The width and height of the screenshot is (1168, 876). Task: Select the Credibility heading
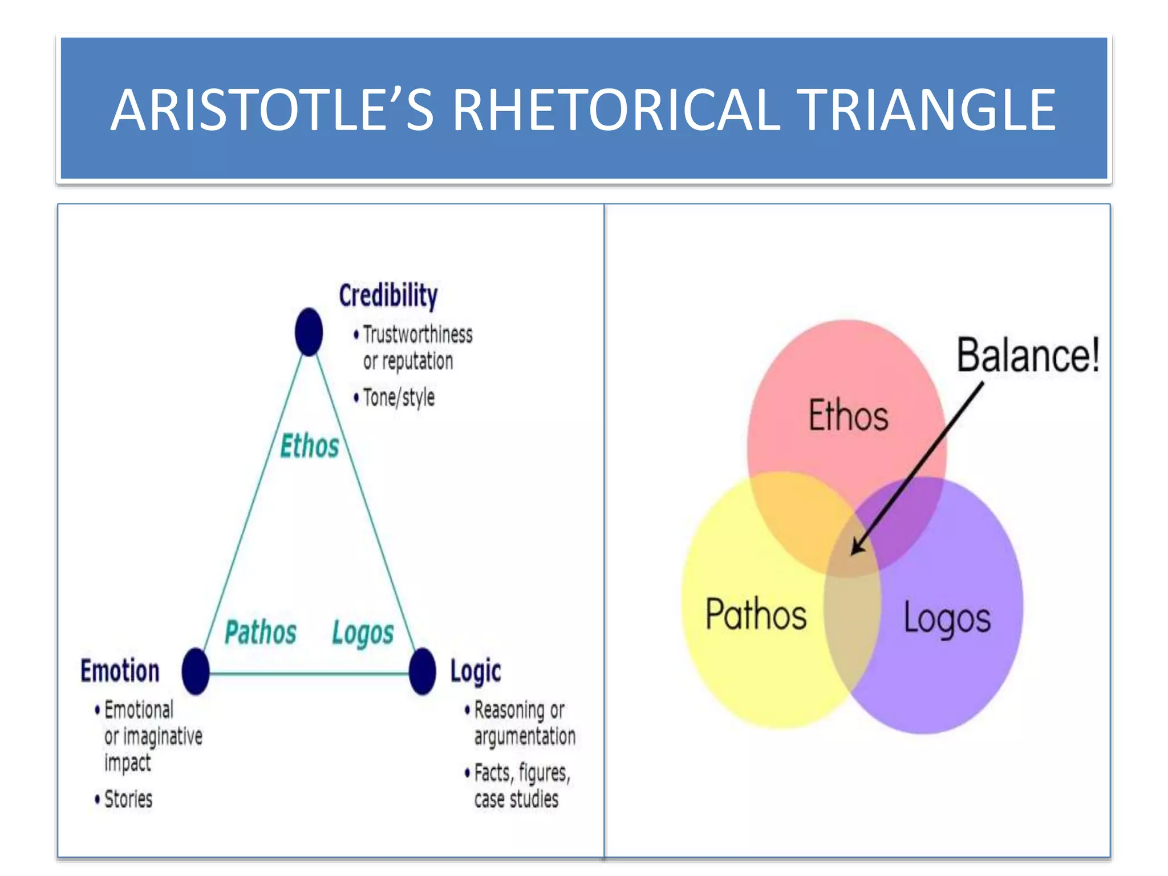388,295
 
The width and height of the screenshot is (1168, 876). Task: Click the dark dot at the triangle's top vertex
309,332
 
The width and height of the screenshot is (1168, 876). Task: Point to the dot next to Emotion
196,671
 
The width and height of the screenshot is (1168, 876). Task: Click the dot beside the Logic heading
422,671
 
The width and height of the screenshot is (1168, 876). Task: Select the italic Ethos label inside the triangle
309,446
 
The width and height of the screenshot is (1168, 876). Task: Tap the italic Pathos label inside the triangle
260,632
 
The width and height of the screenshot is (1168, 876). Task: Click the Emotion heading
120,671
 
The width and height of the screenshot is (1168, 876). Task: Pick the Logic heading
475,671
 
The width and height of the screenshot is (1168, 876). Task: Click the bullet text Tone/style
399,398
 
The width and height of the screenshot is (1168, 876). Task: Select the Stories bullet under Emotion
128,799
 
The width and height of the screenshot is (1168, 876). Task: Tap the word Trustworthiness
417,335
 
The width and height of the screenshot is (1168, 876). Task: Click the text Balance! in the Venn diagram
1028,355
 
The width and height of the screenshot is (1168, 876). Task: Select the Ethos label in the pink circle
848,415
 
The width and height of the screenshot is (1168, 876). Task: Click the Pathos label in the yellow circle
756,614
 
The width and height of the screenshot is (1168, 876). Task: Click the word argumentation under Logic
525,736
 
